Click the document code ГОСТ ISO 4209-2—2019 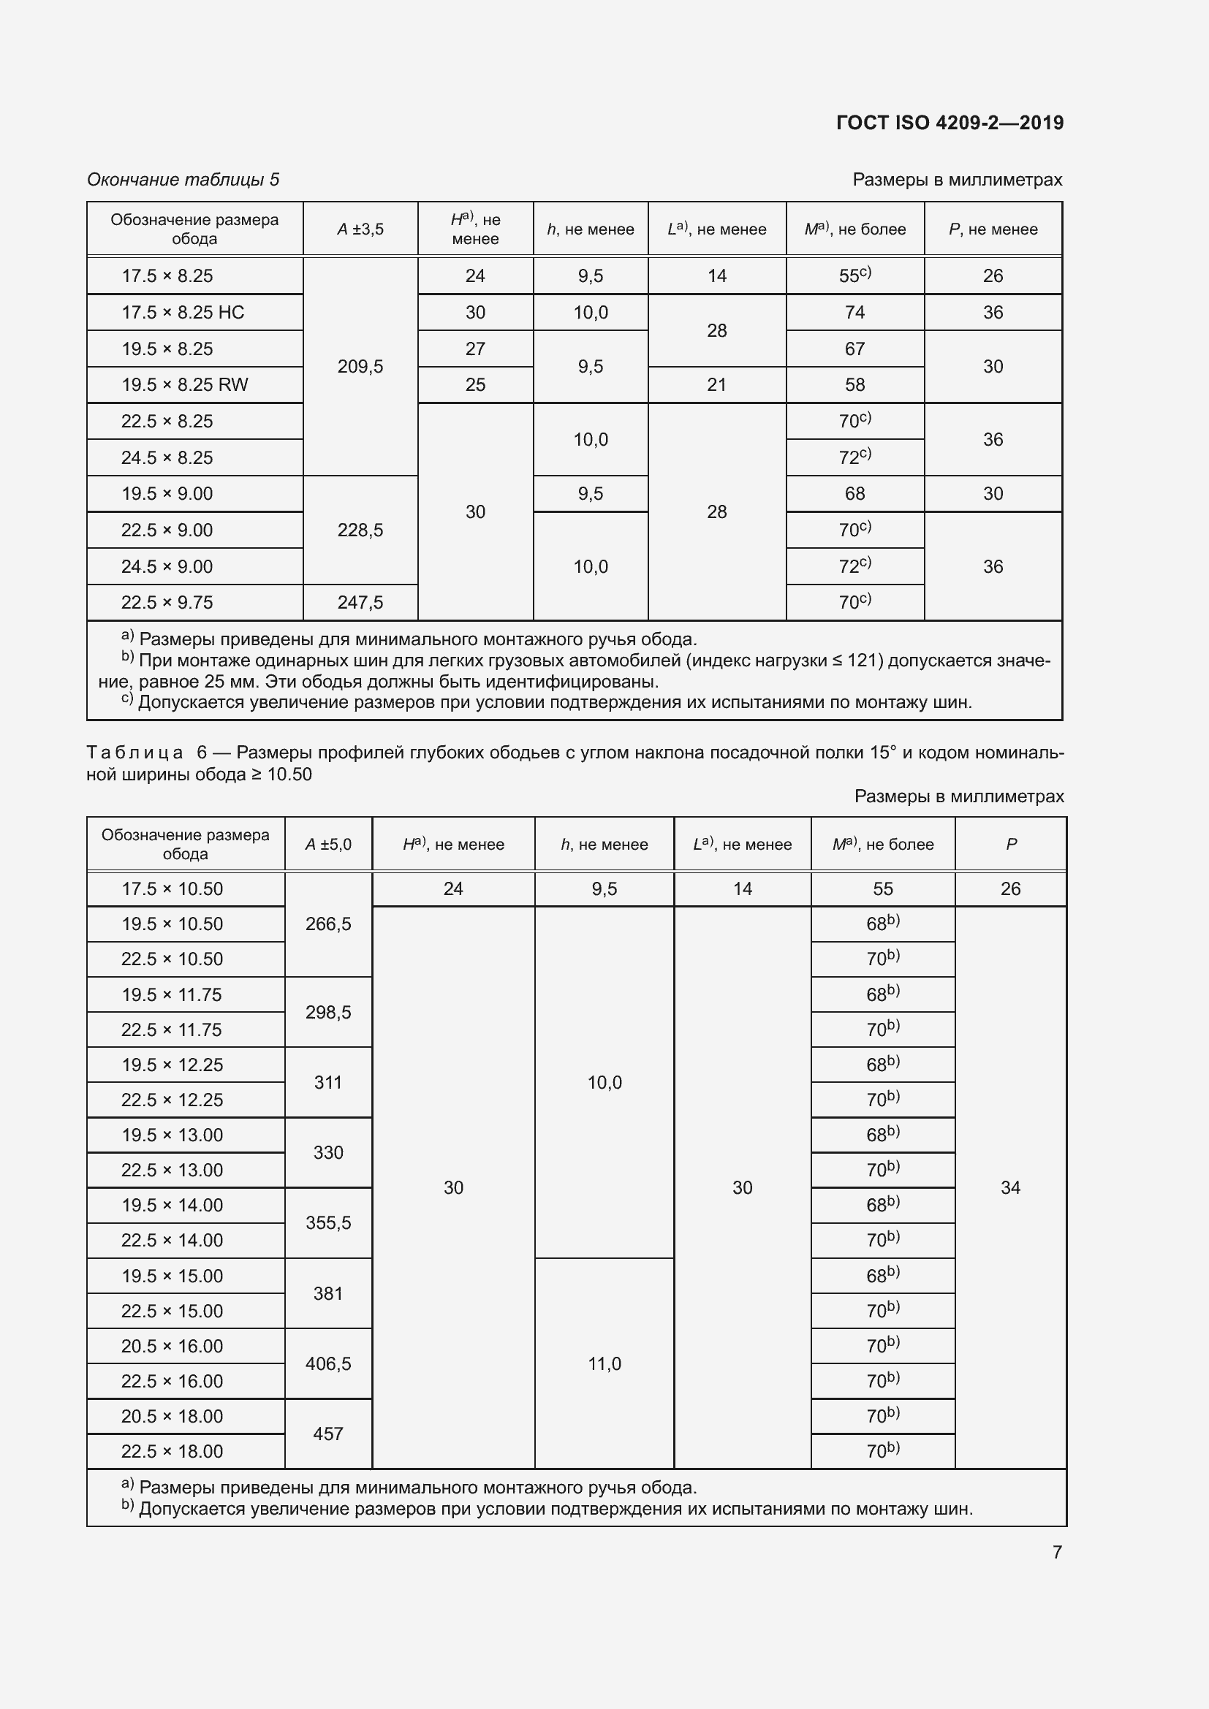coord(950,123)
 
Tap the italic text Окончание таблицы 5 coord(183,180)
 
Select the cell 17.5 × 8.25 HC coord(183,313)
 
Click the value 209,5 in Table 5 coord(360,367)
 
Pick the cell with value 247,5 coord(360,603)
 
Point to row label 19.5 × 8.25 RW coord(185,385)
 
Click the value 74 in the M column coord(854,313)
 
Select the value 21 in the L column coord(716,385)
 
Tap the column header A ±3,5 coord(360,229)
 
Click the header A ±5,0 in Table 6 coord(328,845)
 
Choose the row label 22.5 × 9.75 coord(167,603)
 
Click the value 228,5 coord(360,530)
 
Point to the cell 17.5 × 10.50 coord(172,889)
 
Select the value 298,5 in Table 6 coord(328,1012)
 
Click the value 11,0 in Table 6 coord(604,1364)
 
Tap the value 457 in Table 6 coord(328,1434)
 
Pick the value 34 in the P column coord(1010,1188)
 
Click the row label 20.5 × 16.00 coord(172,1347)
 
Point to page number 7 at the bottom coord(1056,1552)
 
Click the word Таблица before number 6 coord(134,753)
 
